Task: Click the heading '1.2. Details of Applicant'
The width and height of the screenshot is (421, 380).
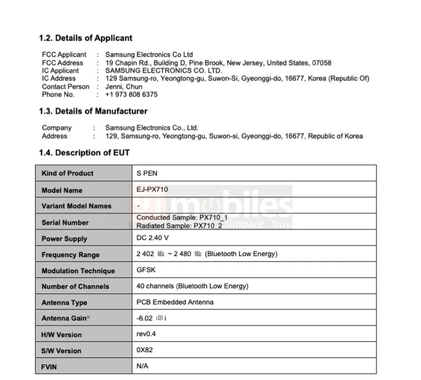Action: pos(86,38)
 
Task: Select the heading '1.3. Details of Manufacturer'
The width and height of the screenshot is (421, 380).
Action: pos(93,111)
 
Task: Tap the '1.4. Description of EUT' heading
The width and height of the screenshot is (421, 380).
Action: pos(84,152)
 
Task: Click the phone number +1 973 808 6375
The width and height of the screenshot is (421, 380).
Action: pos(131,94)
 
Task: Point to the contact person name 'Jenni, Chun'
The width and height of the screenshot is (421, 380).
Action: pos(123,87)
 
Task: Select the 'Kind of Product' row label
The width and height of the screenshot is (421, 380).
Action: pos(67,173)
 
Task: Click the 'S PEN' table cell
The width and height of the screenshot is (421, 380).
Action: pos(147,173)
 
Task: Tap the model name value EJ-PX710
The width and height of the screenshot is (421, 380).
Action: pos(152,189)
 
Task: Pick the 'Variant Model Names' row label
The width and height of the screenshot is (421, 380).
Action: pos(76,206)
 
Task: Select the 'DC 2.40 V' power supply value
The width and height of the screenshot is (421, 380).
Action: pos(153,238)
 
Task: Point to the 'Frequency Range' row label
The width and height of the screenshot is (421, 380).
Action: pos(70,255)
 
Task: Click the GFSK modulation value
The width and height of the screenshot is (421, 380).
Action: pos(146,271)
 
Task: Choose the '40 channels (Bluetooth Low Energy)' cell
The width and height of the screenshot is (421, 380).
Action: pos(192,286)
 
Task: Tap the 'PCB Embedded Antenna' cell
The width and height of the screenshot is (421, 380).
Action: pos(175,302)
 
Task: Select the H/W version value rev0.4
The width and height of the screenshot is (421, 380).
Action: pos(147,334)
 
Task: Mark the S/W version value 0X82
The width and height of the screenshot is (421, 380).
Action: pos(145,351)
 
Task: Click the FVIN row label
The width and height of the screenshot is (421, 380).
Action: pos(49,367)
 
